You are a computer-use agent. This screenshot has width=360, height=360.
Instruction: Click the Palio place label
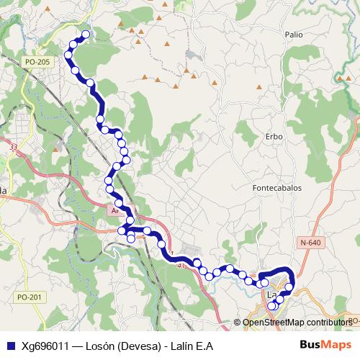click(x=293, y=34)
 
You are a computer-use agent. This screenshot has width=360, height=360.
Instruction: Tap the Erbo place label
click(x=274, y=136)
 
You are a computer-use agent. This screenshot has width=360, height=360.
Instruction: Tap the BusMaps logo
click(x=325, y=345)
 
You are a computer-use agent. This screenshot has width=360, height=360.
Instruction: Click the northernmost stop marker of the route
click(x=86, y=35)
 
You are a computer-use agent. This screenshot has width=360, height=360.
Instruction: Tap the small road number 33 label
click(x=14, y=147)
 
